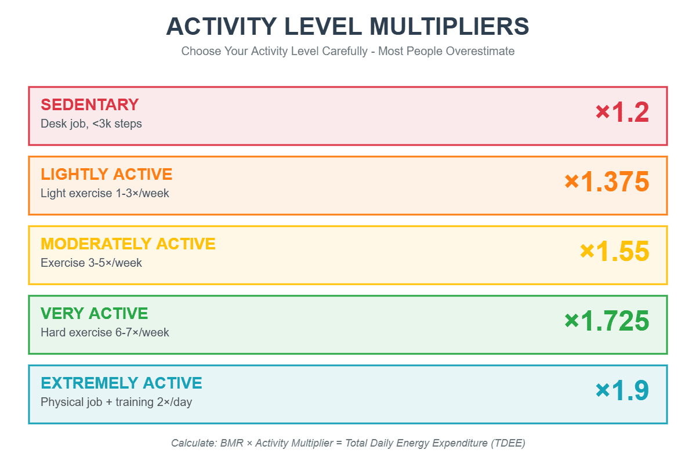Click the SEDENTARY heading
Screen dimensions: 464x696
89,104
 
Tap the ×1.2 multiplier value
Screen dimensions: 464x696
622,112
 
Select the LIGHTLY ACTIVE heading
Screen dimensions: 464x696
106,174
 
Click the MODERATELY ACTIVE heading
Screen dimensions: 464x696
128,244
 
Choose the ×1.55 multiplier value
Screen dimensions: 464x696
614,251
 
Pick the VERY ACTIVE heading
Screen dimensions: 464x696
94,313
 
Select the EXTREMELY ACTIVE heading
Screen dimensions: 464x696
121,383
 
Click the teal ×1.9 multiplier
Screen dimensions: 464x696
622,390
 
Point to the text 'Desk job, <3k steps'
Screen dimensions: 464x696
91,124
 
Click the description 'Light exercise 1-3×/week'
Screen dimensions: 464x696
104,193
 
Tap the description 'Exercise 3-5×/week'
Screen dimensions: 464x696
91,263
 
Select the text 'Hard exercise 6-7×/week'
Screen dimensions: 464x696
104,332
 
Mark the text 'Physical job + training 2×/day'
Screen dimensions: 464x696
116,402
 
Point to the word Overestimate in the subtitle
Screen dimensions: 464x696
480,51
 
